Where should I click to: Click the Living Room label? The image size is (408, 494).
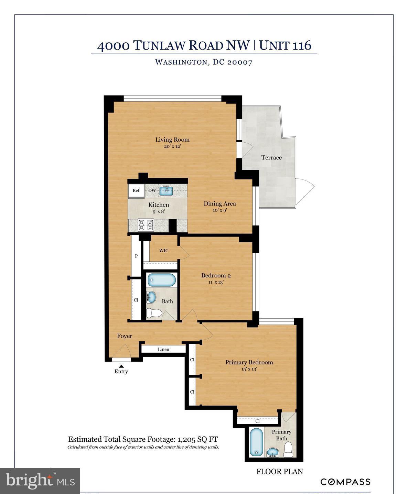[172, 140]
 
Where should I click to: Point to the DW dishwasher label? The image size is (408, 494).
[152, 190]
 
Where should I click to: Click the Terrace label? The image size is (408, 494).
[271, 157]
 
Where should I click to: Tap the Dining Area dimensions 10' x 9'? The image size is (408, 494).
[219, 210]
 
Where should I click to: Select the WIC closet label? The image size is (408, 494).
[164, 251]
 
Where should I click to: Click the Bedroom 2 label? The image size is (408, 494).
[216, 275]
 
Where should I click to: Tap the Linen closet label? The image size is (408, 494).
[163, 349]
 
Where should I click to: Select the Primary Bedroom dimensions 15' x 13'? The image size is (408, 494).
[249, 369]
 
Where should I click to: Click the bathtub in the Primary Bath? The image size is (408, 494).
[256, 442]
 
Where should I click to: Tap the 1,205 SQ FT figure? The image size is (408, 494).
[197, 439]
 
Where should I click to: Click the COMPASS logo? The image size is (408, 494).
[345, 482]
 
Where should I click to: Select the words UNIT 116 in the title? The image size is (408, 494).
[285, 45]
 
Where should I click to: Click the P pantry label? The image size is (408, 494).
[136, 256]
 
